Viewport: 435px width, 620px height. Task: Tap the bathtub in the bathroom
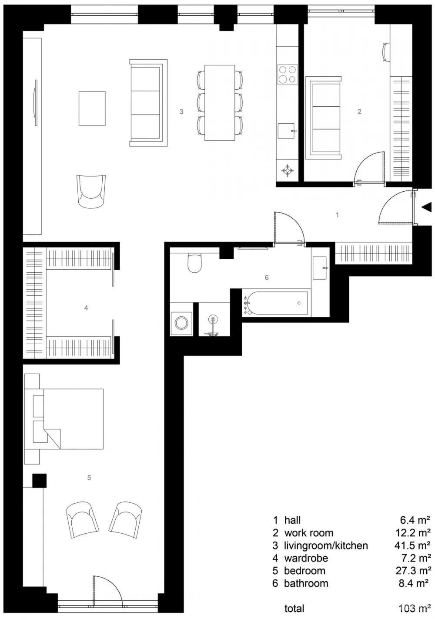[x=275, y=303]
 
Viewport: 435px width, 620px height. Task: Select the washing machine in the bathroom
[x=181, y=323]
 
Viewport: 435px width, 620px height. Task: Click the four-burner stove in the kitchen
[x=287, y=74]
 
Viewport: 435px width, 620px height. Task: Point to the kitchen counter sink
[x=287, y=130]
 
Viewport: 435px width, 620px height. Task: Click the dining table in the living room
[x=220, y=102]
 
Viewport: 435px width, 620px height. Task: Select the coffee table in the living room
[x=92, y=108]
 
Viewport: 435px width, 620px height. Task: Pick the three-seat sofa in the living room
[x=148, y=103]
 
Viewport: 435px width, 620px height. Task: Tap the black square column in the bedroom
[x=39, y=481]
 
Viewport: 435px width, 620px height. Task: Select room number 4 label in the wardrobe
[x=86, y=308]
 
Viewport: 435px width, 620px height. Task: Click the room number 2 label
[x=359, y=112]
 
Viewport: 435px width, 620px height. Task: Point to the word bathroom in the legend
[x=306, y=583]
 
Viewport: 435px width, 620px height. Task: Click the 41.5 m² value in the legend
[x=412, y=545]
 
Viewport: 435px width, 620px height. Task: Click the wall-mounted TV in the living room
[x=36, y=103]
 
